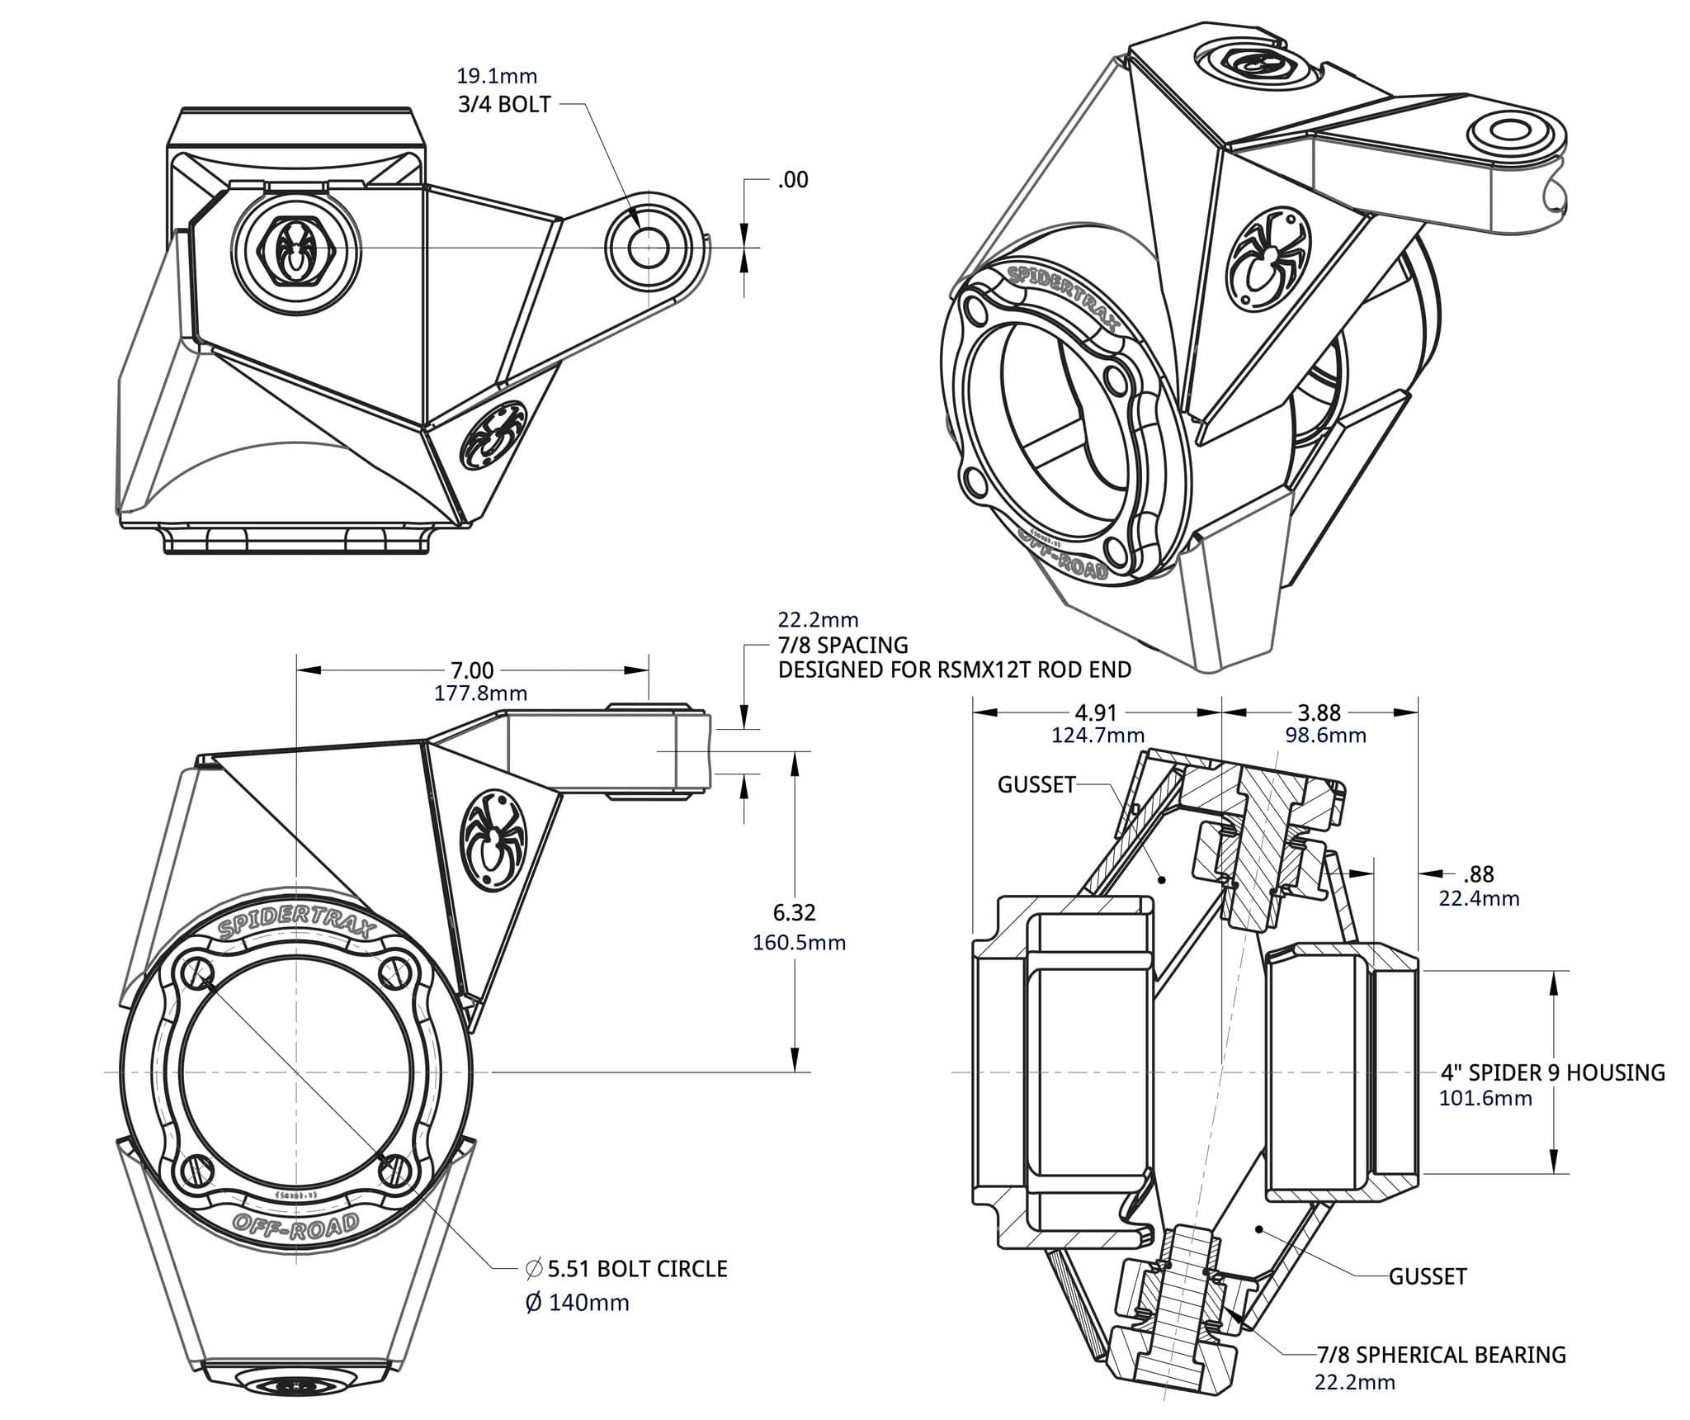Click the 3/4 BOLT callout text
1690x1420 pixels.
click(x=503, y=105)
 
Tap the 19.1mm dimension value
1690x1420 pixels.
click(x=497, y=76)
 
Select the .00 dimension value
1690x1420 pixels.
click(x=792, y=180)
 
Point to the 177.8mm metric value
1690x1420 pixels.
click(x=480, y=693)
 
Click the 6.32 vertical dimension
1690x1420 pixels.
click(x=794, y=912)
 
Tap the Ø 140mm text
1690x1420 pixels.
click(x=577, y=1303)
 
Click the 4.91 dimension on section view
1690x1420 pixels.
click(x=1095, y=712)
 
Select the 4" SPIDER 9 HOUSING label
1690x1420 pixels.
click(x=1552, y=1072)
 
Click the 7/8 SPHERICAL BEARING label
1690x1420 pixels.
click(x=1441, y=1355)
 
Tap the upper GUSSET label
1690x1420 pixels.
click(x=1036, y=784)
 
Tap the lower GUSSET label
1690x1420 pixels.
click(x=1427, y=1276)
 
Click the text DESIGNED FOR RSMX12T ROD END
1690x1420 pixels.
click(x=954, y=670)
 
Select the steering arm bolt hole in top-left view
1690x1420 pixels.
click(x=648, y=246)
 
